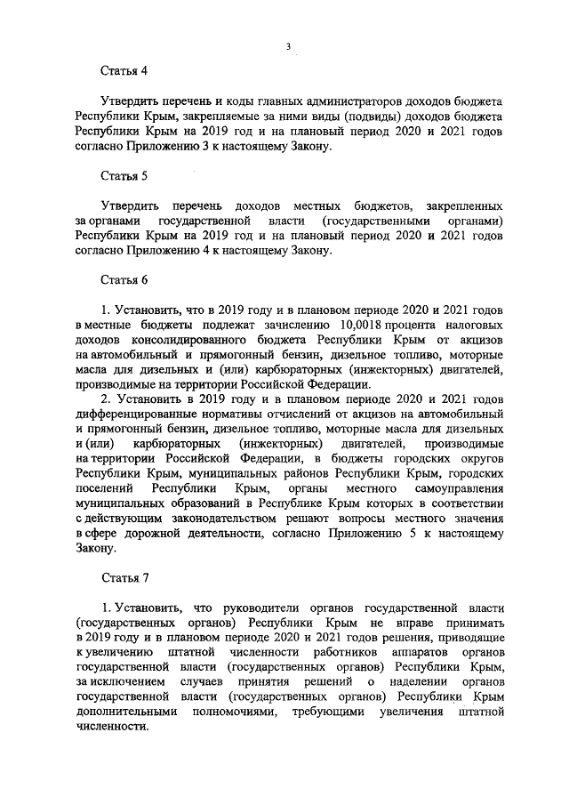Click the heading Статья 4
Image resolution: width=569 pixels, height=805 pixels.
(x=124, y=69)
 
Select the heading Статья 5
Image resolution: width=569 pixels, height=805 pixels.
(x=124, y=174)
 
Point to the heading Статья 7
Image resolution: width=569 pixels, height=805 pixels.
(x=124, y=578)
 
